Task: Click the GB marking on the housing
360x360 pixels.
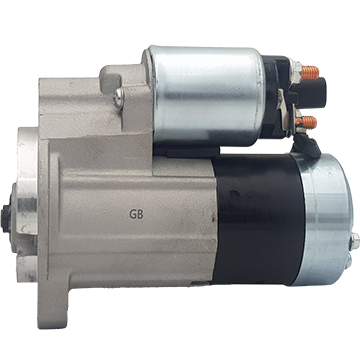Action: point(136,214)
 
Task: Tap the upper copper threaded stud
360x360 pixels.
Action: point(310,73)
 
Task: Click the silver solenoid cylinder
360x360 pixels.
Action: point(206,96)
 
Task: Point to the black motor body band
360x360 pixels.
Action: point(258,220)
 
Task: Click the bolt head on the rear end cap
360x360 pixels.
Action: point(355,241)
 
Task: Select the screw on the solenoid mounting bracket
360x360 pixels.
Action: point(118,97)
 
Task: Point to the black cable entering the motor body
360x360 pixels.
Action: point(306,145)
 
